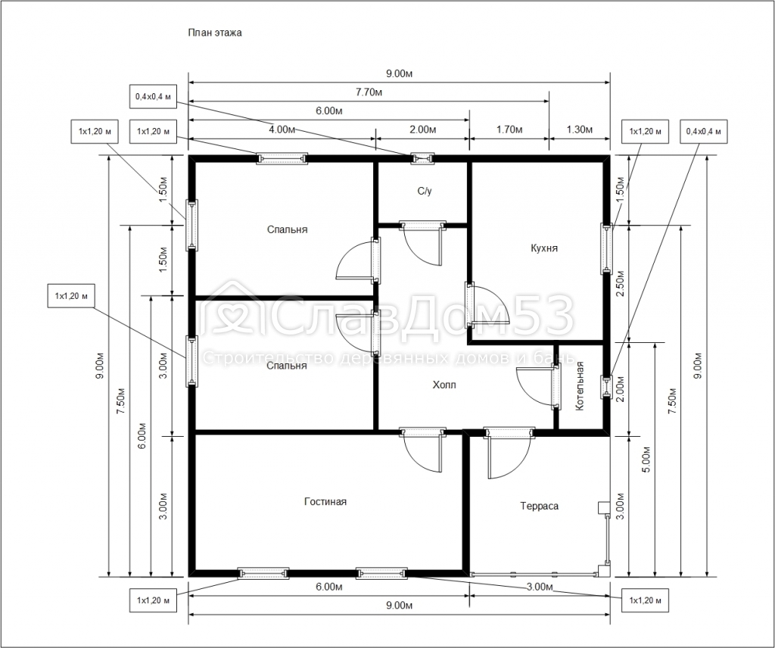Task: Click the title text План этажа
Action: click(215, 33)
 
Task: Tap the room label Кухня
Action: click(544, 248)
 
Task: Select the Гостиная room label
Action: click(325, 501)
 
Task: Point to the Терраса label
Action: click(540, 506)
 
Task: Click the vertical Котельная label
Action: click(580, 386)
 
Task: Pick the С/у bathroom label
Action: click(424, 192)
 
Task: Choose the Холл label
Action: click(444, 385)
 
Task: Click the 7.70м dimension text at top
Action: click(368, 92)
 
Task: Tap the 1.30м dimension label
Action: click(579, 129)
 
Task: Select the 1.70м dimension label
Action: click(509, 129)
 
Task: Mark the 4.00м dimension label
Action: click(282, 129)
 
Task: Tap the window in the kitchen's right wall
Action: click(606, 248)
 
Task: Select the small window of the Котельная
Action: click(606, 387)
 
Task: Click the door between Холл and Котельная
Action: click(556, 386)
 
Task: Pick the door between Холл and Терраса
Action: click(509, 433)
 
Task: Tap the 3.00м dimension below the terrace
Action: click(539, 587)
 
